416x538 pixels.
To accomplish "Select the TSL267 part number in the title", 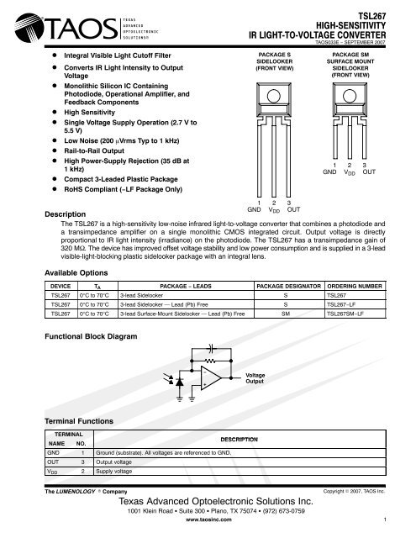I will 391,15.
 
